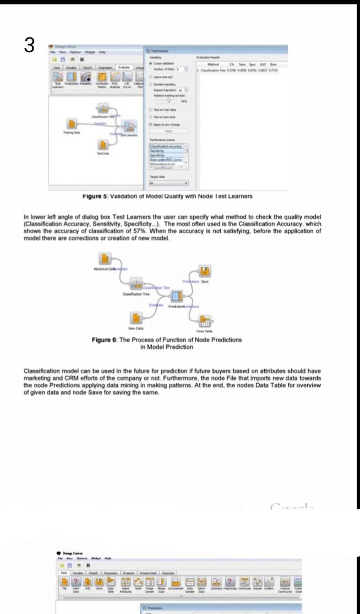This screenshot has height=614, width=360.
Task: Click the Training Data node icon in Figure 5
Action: click(x=71, y=124)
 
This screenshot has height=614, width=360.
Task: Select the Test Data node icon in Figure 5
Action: click(x=102, y=145)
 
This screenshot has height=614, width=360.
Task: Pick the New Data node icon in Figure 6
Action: click(x=134, y=317)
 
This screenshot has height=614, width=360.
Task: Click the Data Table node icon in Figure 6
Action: click(x=205, y=321)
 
